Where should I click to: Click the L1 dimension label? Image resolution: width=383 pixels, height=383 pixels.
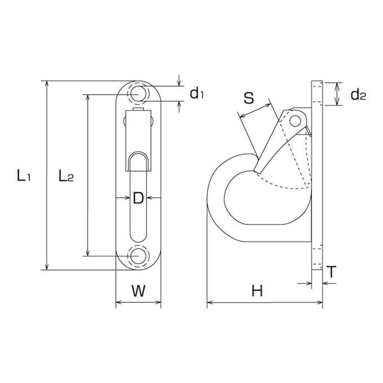click(24, 176)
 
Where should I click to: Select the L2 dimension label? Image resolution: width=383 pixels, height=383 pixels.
click(66, 176)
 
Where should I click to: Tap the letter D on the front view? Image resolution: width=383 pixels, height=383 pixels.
click(138, 198)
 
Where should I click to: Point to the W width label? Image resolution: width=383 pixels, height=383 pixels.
click(139, 291)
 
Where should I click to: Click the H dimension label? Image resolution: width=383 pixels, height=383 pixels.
click(257, 291)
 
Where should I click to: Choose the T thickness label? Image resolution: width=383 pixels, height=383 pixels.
click(331, 272)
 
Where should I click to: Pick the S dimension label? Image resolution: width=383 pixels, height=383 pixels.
click(249, 98)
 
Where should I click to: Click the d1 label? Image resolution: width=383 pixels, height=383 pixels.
click(197, 93)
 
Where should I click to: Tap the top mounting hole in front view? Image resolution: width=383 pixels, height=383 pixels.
click(138, 94)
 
